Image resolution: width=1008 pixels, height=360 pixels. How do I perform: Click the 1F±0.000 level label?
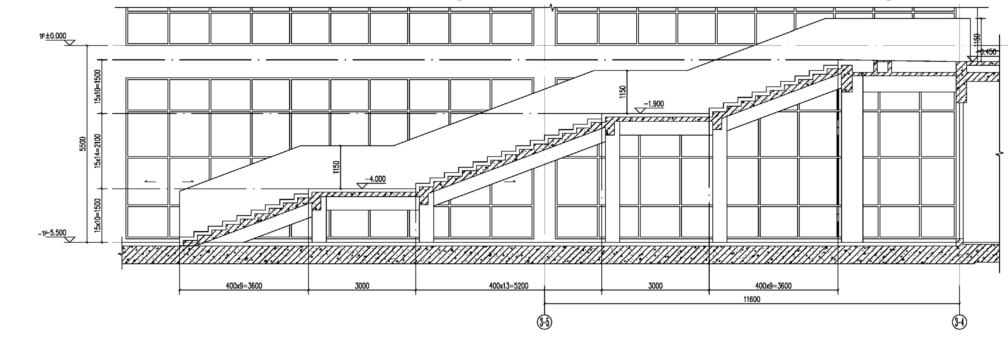pyautogui.click(x=53, y=36)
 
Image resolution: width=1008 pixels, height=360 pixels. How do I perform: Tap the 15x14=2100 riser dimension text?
pyautogui.click(x=97, y=151)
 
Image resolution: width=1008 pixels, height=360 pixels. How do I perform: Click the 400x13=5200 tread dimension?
pyautogui.click(x=508, y=286)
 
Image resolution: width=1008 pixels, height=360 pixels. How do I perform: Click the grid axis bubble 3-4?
pyautogui.click(x=959, y=322)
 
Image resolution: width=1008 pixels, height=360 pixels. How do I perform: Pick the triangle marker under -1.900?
pyautogui.click(x=640, y=111)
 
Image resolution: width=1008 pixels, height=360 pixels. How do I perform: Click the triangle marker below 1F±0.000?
pyautogui.click(x=70, y=43)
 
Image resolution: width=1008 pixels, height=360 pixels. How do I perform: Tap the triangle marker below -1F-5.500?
pyautogui.click(x=70, y=239)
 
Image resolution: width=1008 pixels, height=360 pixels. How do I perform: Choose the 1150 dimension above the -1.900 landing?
pyautogui.click(x=623, y=92)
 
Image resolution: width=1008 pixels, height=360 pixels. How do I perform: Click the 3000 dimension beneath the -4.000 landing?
pyautogui.click(x=362, y=286)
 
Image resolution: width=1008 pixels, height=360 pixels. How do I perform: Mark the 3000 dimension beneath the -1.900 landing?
pyautogui.click(x=655, y=286)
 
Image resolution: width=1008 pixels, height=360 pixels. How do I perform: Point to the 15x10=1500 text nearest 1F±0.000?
pyautogui.click(x=97, y=86)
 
